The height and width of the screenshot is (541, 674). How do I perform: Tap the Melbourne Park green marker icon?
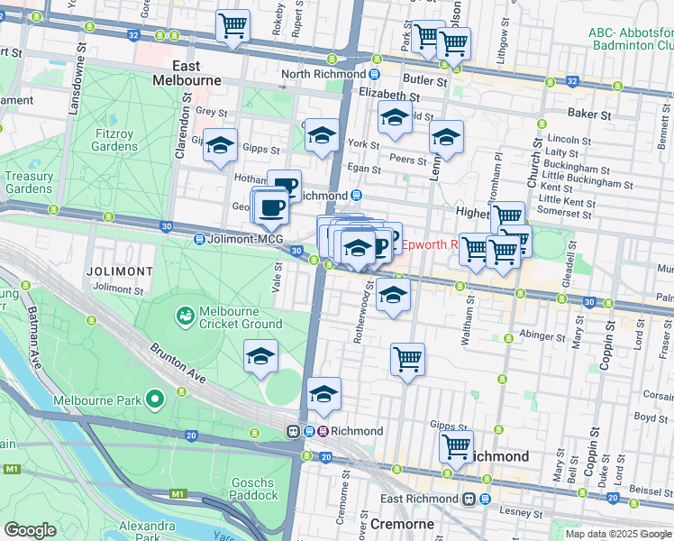[154, 399]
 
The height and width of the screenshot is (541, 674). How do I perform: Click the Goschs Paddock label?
[253, 488]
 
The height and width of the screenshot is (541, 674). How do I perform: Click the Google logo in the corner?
[29, 530]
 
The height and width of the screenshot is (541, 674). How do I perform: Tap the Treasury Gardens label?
[28, 183]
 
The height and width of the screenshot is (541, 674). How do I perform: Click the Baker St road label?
[590, 115]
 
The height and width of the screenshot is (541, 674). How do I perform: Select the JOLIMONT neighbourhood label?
[119, 270]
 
